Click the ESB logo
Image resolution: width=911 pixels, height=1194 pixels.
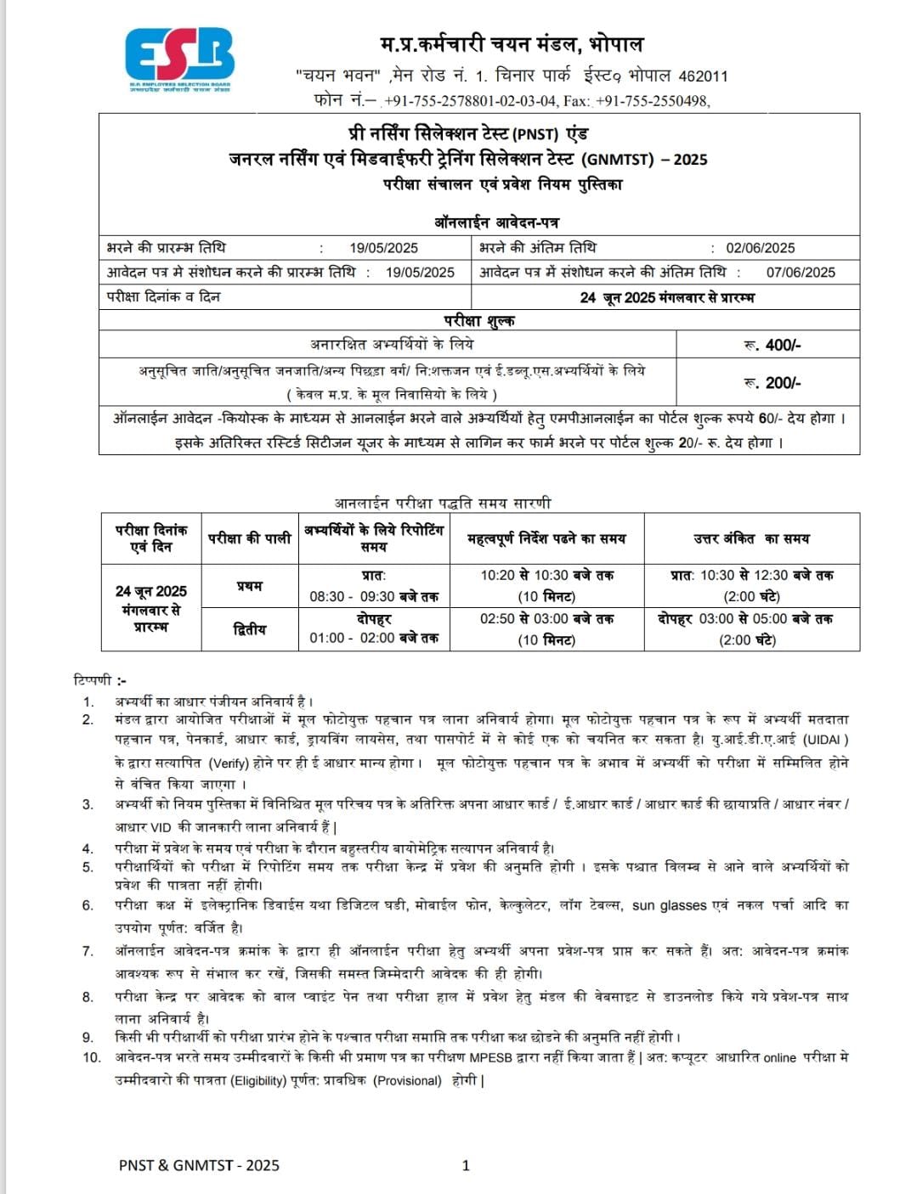tap(179, 59)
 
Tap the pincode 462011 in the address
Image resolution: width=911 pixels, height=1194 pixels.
tap(704, 76)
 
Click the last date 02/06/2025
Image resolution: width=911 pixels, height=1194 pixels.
tap(760, 248)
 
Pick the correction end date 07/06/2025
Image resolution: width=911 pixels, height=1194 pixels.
tap(801, 273)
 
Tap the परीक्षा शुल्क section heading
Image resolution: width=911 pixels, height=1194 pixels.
tap(479, 320)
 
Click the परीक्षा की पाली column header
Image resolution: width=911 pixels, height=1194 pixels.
tap(250, 538)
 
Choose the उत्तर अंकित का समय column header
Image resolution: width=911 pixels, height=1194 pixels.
tap(751, 538)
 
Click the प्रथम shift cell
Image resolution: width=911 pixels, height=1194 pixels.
tap(250, 586)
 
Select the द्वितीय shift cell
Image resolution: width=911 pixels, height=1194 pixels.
tap(250, 629)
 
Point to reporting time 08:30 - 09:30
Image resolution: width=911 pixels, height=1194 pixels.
tap(374, 596)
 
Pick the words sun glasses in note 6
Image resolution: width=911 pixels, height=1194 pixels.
tap(670, 905)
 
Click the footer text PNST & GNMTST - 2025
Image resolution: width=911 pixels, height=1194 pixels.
tap(199, 1165)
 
